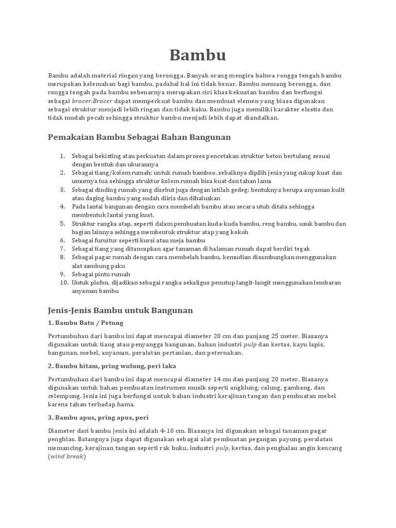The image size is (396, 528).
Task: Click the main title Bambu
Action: [197, 55]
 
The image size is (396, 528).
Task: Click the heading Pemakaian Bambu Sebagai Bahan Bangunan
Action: [139, 137]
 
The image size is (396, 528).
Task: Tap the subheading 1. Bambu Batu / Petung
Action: [86, 323]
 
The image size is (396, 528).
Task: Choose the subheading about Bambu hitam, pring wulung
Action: [112, 366]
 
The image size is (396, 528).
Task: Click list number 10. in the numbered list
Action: [63, 283]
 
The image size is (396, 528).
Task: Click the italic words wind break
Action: [67, 457]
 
